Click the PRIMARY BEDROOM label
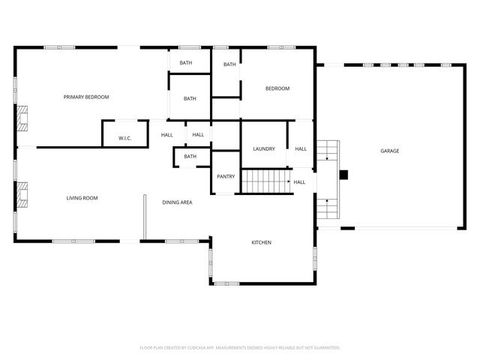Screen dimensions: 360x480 (86, 97)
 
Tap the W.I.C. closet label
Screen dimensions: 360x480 (125, 139)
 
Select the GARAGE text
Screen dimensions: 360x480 (389, 151)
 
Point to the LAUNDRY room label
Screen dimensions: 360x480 (264, 149)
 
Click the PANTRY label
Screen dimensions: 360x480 (226, 177)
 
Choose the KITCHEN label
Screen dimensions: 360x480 (261, 243)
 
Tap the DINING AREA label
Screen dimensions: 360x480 (178, 202)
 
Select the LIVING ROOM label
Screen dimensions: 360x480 (82, 198)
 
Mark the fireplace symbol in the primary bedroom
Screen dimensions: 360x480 (22, 118)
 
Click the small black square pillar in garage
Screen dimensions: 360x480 (344, 175)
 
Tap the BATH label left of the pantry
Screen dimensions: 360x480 (190, 157)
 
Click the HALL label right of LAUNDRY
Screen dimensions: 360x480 (301, 149)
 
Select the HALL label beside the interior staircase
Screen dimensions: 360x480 (299, 182)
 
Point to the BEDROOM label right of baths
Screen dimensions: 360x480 (277, 89)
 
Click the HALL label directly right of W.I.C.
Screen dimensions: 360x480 (167, 135)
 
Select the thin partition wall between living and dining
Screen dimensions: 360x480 (145, 217)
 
